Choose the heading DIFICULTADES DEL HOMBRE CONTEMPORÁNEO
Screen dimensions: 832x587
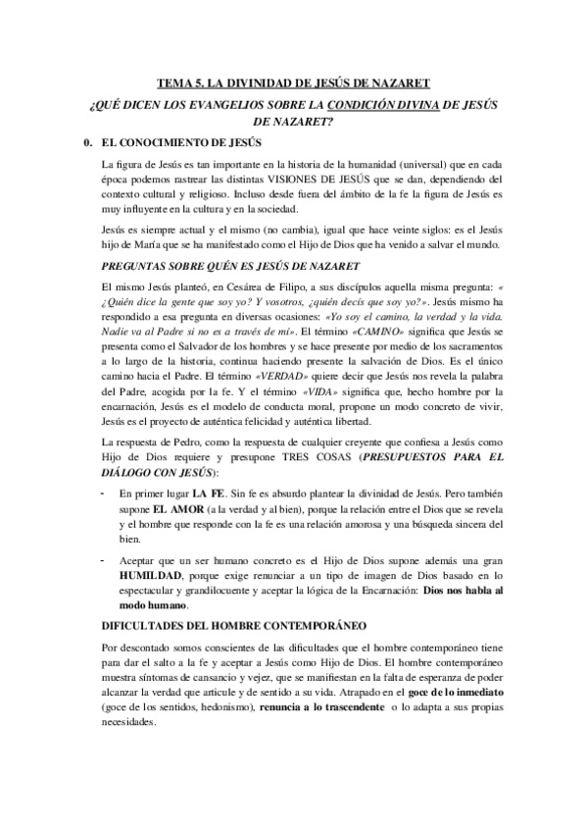pyautogui.click(x=233, y=625)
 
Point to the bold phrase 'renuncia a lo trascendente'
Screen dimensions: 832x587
pyautogui.click(x=316, y=707)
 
